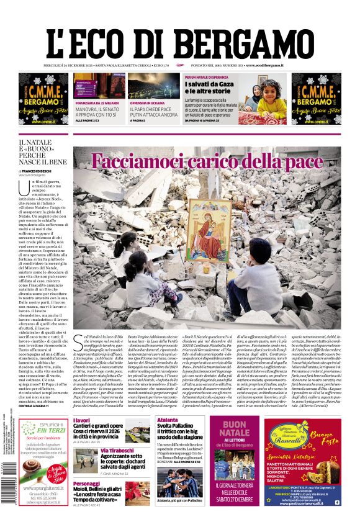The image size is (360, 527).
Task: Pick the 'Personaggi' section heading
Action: (x=86, y=484)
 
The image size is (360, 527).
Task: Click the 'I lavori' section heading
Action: (x=81, y=420)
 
